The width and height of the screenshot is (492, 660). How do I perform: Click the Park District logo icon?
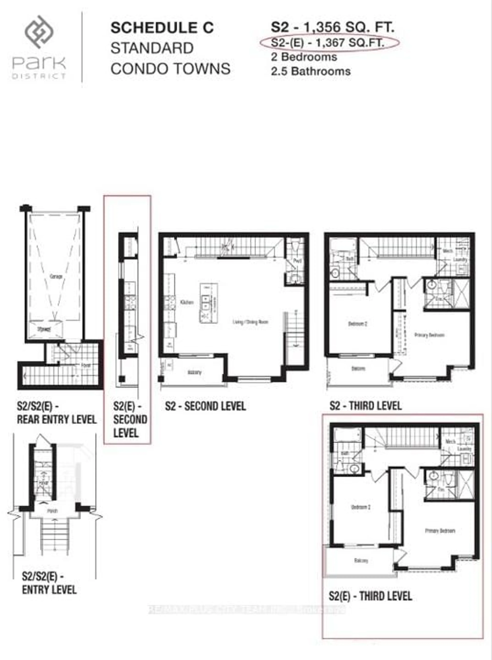coord(39,32)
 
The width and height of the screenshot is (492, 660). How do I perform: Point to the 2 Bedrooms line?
coord(304,57)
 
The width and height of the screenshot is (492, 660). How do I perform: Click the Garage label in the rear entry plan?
coord(56,276)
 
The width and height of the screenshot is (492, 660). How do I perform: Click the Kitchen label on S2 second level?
coord(187,302)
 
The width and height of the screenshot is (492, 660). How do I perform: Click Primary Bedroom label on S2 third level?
coord(429,335)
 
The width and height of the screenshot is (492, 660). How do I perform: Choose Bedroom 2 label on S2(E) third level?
coord(361,507)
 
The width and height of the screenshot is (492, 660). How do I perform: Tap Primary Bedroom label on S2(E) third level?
coord(440,531)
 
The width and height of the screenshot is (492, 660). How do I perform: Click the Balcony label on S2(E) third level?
coord(361,561)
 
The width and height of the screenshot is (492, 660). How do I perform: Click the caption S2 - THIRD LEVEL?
coord(365,406)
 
